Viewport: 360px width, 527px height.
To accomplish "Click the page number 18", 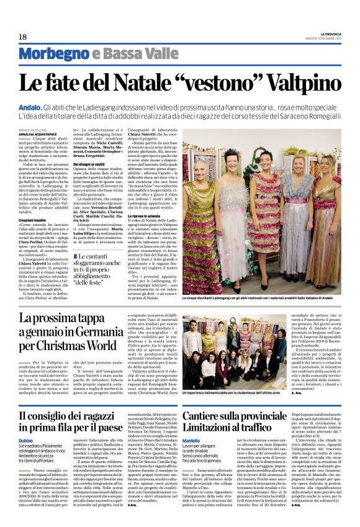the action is [22, 37].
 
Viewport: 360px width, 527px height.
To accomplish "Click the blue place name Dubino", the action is [27, 440].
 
